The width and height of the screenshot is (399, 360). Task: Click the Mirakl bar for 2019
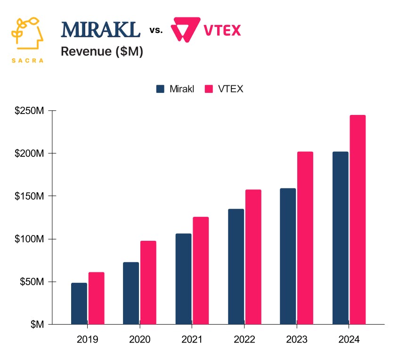[79, 303]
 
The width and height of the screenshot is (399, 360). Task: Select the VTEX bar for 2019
[96, 298]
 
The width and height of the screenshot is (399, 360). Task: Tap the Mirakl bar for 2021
[183, 279]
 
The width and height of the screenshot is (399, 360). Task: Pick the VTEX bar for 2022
[253, 257]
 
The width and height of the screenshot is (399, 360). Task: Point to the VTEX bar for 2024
[358, 220]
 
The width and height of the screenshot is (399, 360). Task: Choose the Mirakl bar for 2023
[288, 256]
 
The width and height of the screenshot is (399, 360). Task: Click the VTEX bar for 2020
[148, 283]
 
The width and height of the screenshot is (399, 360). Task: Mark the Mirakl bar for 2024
[340, 238]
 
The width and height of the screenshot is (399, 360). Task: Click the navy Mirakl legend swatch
[160, 89]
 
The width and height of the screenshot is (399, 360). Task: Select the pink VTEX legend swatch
[209, 89]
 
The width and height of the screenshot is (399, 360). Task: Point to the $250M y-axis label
[30, 111]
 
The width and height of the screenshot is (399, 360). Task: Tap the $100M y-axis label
[30, 239]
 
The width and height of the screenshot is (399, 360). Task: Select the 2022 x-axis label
[244, 340]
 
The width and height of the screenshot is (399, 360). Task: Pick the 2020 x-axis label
[139, 340]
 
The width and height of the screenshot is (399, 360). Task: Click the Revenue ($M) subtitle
[102, 52]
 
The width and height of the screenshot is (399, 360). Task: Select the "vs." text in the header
[156, 31]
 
